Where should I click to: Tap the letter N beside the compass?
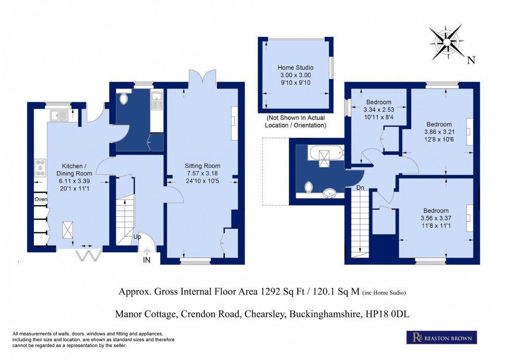click(471, 60)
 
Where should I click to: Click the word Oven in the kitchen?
click(41, 199)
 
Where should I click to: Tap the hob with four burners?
click(40, 170)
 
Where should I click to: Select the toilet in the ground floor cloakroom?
click(124, 98)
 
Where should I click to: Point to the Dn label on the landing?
click(359, 188)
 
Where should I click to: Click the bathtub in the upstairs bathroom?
click(325, 154)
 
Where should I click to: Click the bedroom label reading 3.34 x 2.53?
click(378, 110)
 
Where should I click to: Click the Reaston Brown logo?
click(441, 338)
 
